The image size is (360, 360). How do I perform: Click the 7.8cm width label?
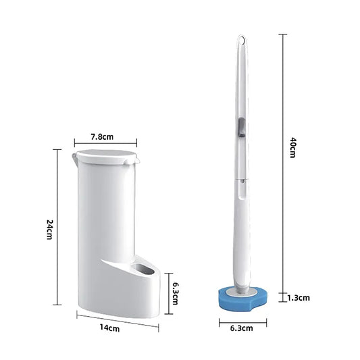(103, 136)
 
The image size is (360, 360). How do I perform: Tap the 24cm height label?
(49, 231)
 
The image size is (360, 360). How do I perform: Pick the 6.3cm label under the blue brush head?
(241, 328)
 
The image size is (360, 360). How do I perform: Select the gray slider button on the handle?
(240, 126)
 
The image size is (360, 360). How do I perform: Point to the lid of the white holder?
(108, 158)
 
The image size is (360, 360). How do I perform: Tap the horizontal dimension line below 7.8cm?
(105, 143)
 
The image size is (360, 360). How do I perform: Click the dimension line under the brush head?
(241, 320)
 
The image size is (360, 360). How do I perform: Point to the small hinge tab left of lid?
(72, 159)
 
